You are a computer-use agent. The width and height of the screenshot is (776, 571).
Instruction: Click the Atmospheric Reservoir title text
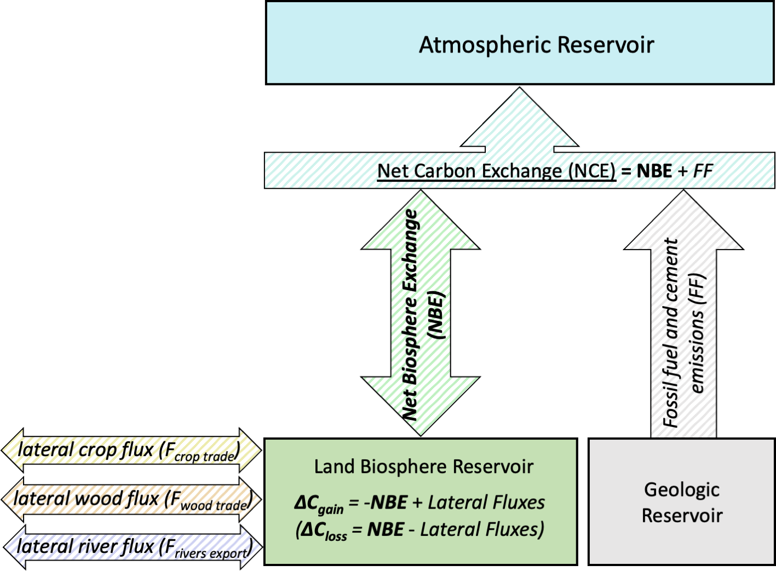(536, 45)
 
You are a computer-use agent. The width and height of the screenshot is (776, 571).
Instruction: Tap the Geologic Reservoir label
(682, 502)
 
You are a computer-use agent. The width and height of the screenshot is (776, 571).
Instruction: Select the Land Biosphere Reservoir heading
(423, 466)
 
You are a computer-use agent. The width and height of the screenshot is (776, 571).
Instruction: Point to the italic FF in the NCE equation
(703, 171)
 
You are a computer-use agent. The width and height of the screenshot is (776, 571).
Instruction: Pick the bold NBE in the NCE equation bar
(654, 171)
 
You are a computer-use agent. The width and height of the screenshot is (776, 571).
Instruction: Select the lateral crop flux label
(129, 451)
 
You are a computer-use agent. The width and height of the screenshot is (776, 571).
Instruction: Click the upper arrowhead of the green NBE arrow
(421, 219)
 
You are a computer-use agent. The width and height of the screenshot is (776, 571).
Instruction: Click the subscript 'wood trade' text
(214, 506)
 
